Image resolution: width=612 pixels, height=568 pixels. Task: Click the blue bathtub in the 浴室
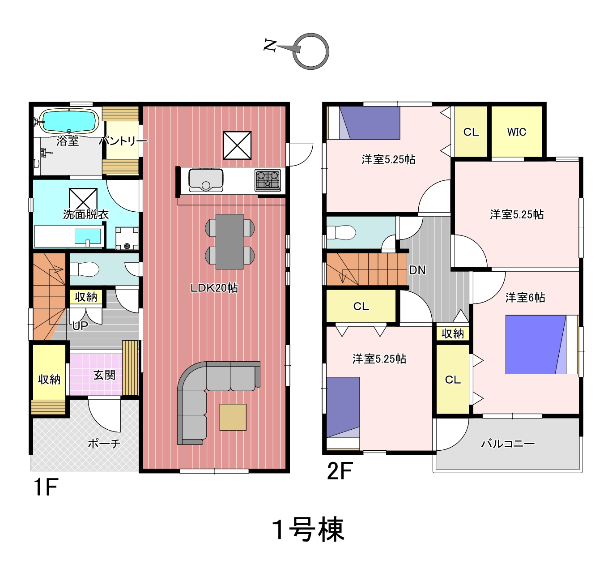coord(68,121)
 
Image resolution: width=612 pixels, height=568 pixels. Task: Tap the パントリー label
coord(123,141)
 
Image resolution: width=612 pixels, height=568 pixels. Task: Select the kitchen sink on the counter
coord(206,180)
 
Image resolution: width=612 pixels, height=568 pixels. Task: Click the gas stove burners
coord(268,180)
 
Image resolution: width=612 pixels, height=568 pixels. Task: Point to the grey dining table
coord(230,241)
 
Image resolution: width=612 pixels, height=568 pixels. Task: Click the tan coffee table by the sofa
coord(233,417)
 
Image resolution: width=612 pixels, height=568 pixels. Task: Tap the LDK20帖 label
coord(214,288)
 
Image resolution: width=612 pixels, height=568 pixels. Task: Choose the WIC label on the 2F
coord(516,132)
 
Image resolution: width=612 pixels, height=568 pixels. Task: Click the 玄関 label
coord(104,375)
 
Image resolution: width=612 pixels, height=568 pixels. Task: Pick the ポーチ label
coord(104,444)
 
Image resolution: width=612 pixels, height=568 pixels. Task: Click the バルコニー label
coord(508,444)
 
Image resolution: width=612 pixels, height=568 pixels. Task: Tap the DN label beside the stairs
coord(417,270)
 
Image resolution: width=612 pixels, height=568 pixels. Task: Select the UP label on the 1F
coord(80,326)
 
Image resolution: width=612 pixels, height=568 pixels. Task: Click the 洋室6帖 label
coord(525,297)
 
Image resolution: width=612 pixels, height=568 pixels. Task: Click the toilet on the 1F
coord(84,269)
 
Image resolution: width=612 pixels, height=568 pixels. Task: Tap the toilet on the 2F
coord(341,232)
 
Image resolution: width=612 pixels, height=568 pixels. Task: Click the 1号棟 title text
coord(308,530)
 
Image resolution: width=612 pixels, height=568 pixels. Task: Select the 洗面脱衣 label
coord(85,214)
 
